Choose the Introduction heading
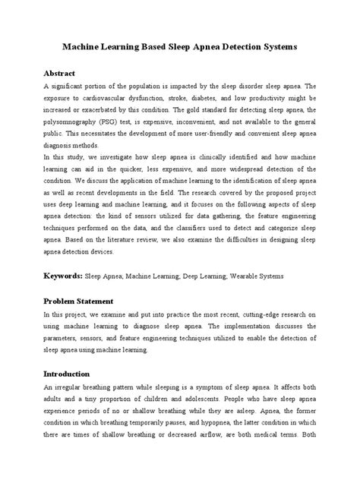point(67,374)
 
